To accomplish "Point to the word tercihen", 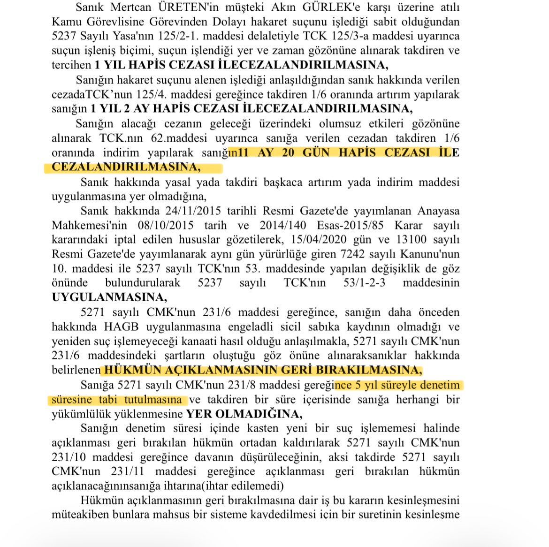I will [x=71, y=65].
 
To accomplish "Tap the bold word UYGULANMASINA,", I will [x=109, y=297].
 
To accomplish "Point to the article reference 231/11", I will [x=127, y=471].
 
